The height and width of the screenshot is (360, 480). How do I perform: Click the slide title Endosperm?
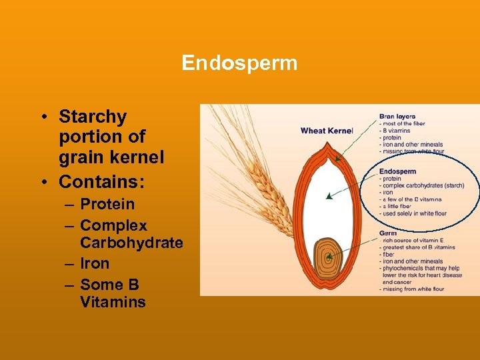[x=239, y=63]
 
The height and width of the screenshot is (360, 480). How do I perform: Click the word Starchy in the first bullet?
[x=93, y=117]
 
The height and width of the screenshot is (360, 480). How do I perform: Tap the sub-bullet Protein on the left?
[x=107, y=204]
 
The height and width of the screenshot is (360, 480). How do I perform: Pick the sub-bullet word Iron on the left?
[x=95, y=263]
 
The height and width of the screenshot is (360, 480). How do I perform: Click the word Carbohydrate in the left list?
[x=131, y=243]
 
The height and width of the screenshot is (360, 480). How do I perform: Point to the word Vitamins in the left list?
[x=113, y=302]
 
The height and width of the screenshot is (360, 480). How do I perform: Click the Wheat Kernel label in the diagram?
[x=326, y=131]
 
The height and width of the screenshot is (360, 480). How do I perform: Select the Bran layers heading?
[x=397, y=116]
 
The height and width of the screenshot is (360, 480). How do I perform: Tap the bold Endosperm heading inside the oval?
[x=398, y=171]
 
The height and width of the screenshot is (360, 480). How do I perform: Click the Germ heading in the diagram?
[x=388, y=233]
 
